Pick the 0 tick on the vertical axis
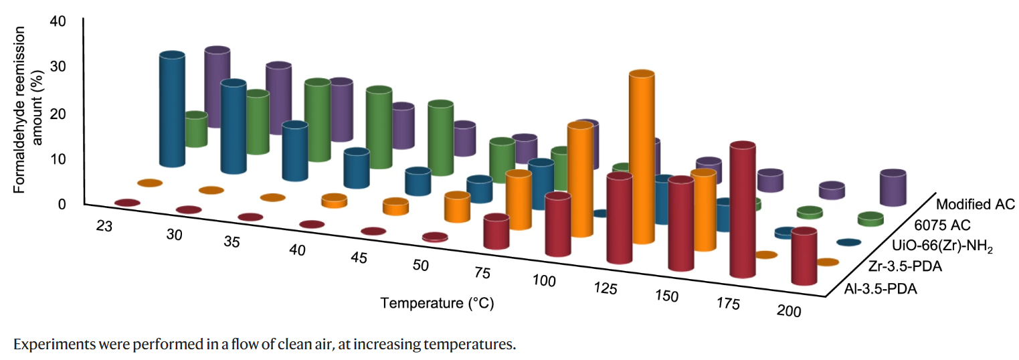62,204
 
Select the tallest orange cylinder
641,157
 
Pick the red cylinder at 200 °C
804,258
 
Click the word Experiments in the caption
46,345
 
